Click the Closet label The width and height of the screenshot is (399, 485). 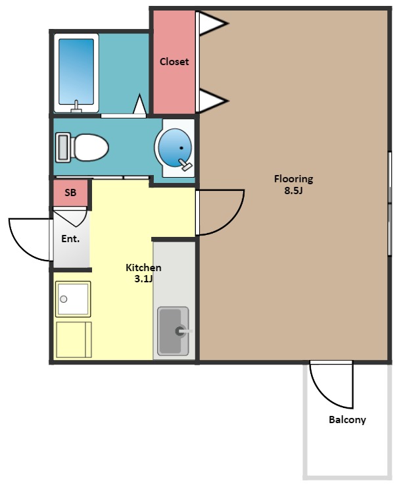(174, 62)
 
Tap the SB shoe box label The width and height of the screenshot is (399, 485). (70, 193)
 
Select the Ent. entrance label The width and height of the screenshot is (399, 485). (70, 239)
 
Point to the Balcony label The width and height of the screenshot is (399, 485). (347, 420)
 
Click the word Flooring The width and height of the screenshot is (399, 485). (294, 179)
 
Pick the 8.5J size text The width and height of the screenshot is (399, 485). (293, 191)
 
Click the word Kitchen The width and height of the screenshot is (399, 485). (143, 268)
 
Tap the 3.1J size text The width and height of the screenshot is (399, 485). (144, 279)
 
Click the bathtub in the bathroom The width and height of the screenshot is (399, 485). (76, 73)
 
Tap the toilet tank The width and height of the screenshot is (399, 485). (63, 147)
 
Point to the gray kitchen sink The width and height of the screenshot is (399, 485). (173, 331)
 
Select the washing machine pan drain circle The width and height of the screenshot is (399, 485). (64, 299)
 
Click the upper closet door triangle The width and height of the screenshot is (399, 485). (213, 23)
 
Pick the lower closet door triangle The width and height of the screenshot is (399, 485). (213, 101)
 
